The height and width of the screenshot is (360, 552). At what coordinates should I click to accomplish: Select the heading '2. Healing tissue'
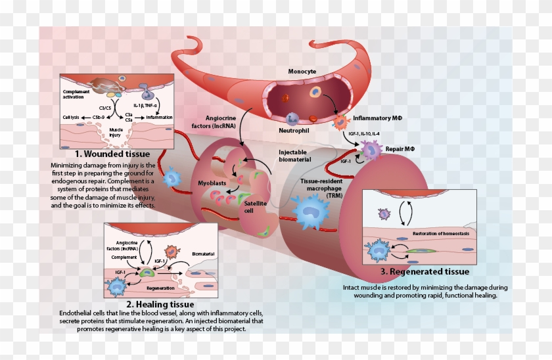[x=160, y=305]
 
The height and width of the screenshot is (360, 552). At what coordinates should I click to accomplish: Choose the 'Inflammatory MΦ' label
[x=379, y=119]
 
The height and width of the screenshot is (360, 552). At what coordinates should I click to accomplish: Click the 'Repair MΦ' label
[x=400, y=149]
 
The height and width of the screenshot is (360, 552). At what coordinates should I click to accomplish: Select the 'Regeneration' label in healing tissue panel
[x=160, y=288]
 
